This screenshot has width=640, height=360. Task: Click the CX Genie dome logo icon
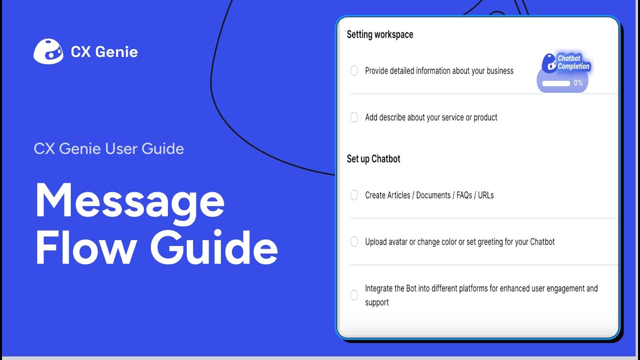48,51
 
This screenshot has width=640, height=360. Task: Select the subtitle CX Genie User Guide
109,148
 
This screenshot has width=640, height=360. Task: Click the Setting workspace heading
380,34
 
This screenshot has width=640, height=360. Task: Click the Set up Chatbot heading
373,159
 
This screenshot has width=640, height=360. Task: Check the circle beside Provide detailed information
354,71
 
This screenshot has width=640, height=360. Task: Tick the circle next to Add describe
354,117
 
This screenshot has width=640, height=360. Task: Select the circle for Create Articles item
354,195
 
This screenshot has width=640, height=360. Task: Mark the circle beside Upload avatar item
354,242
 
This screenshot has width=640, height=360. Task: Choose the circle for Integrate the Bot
354,295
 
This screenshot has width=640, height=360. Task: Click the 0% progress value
578,83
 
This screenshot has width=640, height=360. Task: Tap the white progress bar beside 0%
556,83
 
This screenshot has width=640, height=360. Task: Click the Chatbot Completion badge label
573,62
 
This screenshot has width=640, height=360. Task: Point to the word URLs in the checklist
485,195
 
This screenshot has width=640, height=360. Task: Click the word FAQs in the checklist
464,195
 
